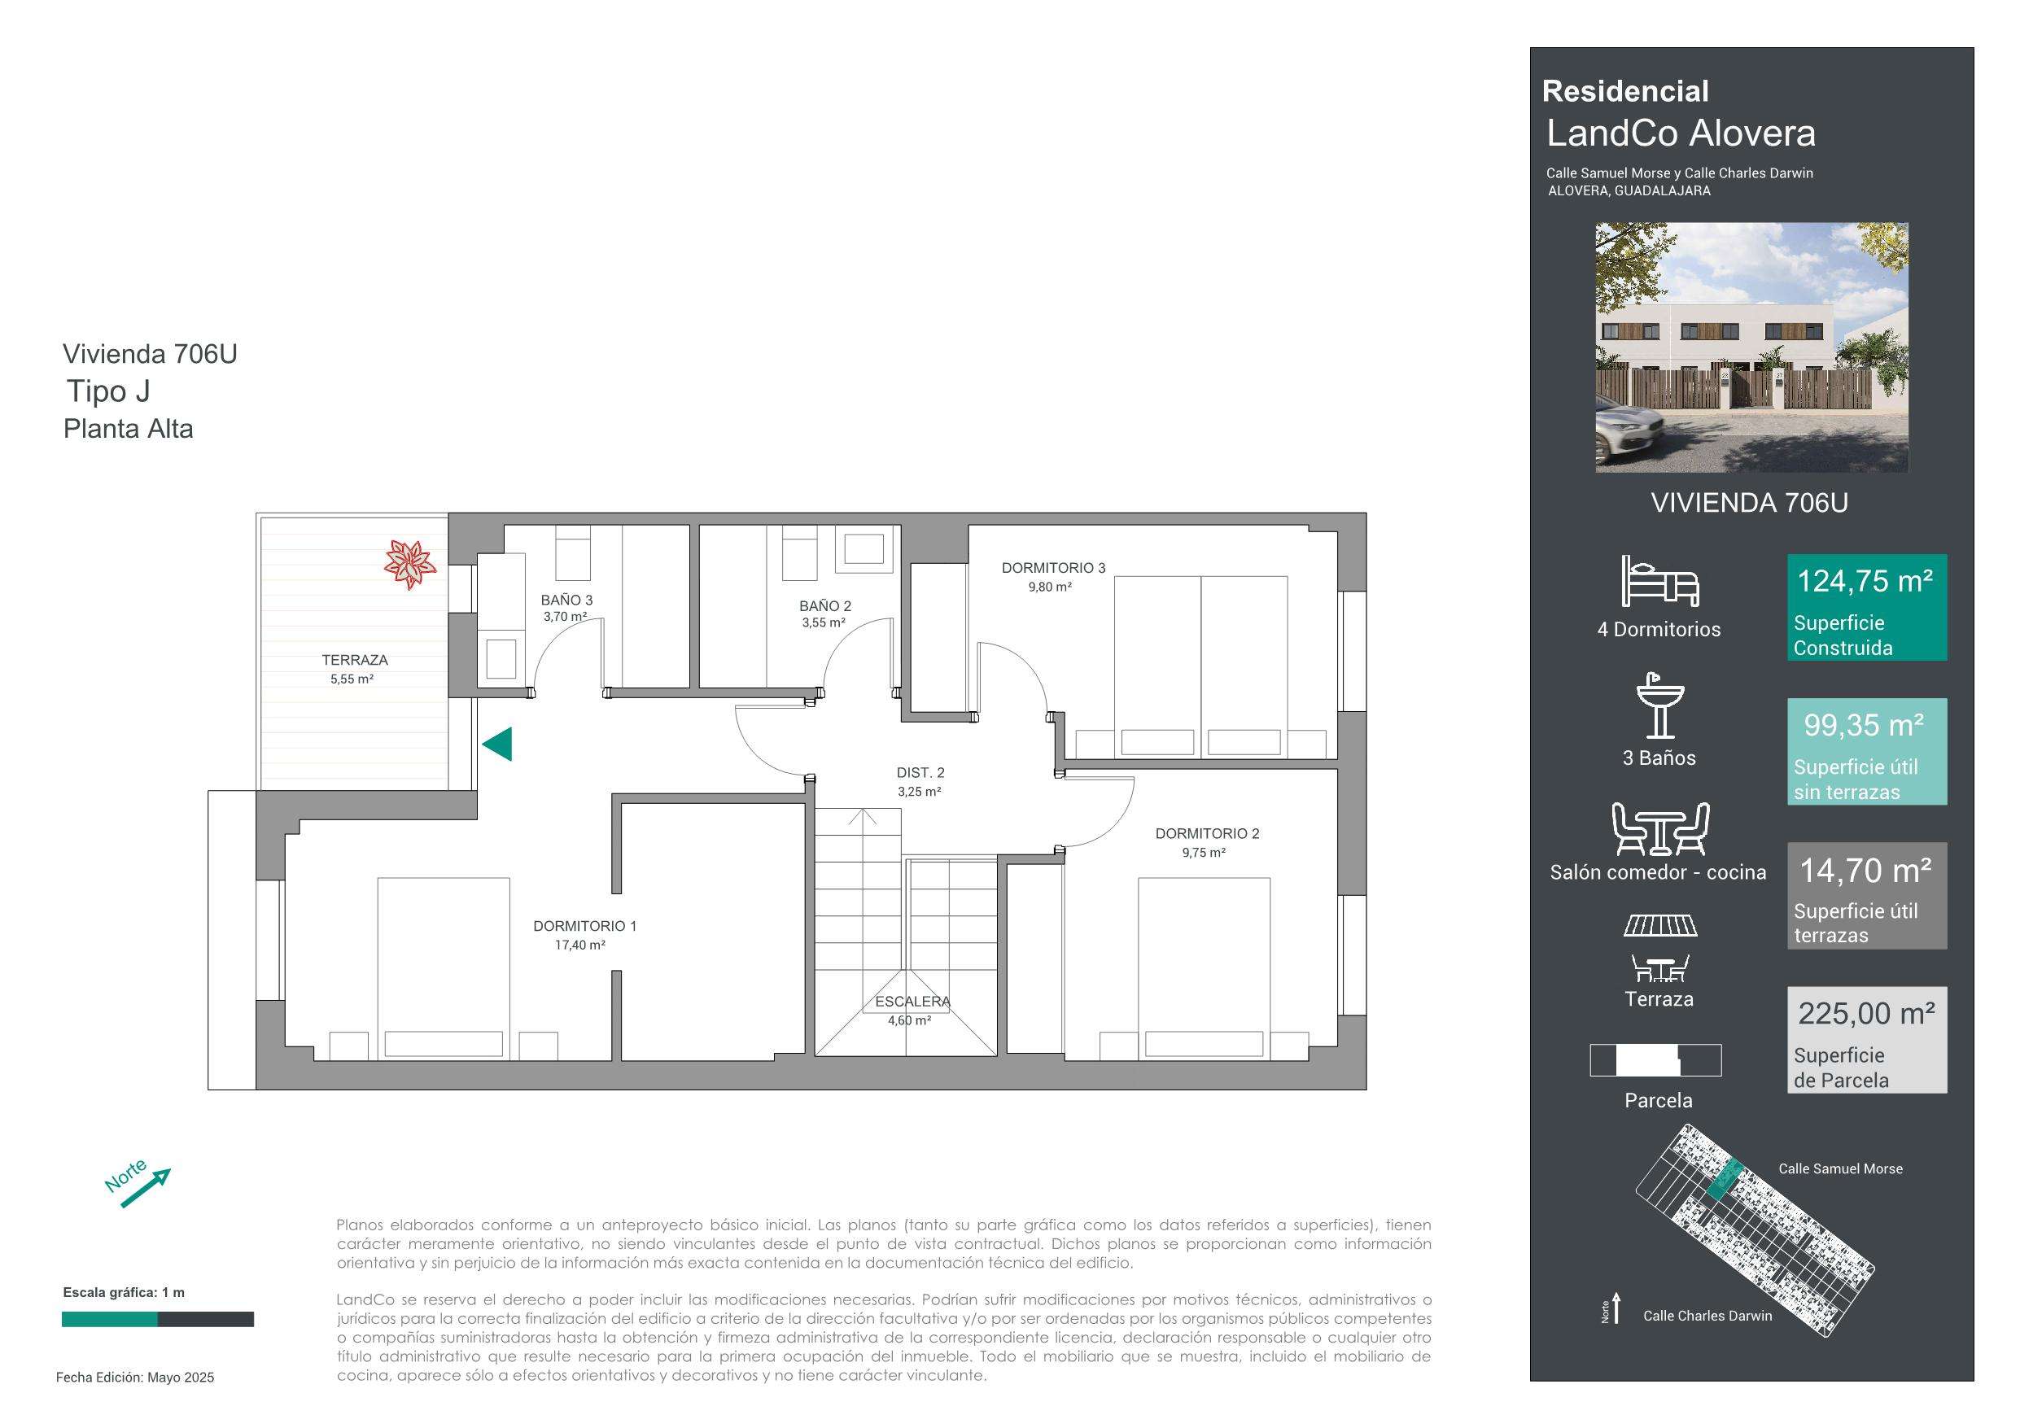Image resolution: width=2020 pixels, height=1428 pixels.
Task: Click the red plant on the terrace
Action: point(410,564)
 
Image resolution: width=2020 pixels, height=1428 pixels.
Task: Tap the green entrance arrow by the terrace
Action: point(498,745)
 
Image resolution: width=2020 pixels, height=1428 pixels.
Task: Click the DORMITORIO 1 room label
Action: point(584,926)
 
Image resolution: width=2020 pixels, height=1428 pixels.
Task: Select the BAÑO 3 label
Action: point(566,600)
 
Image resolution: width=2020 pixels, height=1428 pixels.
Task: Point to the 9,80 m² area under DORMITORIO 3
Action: point(1050,587)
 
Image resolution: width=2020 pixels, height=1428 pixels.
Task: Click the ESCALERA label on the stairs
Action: point(912,1002)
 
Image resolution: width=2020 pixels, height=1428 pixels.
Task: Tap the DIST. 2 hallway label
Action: point(920,772)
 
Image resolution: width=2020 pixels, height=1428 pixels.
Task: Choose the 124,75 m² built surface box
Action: point(1867,607)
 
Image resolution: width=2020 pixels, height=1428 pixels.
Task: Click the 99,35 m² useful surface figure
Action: point(1865,725)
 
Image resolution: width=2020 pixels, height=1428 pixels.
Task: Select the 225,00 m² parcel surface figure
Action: point(1866,1014)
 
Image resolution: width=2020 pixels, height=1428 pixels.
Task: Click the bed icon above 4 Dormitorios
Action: point(1660,581)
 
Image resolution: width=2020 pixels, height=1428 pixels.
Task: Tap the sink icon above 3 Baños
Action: point(1660,705)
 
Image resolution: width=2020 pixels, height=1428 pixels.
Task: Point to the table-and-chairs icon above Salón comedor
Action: point(1660,829)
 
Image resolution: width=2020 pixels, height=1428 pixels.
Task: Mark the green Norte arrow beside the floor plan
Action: point(145,1188)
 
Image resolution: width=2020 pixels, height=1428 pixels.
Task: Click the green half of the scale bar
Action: point(110,1319)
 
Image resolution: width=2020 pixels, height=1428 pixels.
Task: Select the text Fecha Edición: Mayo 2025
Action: point(135,1377)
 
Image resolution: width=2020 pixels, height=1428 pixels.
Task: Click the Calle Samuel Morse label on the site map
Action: point(1840,1168)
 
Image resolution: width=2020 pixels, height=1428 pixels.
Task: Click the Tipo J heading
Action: point(108,391)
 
